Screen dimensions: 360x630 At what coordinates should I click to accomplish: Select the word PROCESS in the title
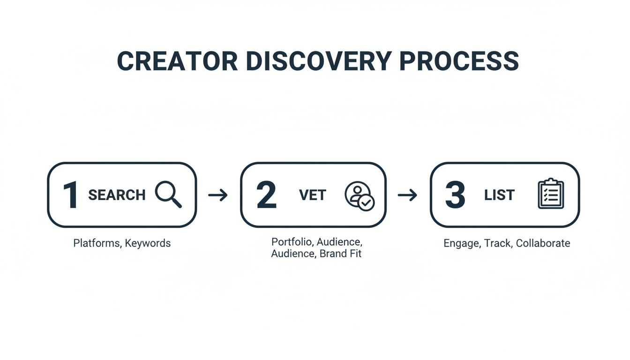[x=459, y=61]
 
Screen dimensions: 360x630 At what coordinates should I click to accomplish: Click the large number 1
[x=71, y=195]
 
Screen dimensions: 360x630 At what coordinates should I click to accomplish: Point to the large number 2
[x=266, y=195]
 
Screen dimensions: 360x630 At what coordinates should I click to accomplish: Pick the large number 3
[x=455, y=195]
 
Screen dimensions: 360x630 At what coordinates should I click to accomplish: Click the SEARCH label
[x=117, y=195]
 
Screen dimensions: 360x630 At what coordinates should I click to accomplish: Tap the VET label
[x=312, y=195]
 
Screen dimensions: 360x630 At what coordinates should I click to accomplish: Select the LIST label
[x=499, y=195]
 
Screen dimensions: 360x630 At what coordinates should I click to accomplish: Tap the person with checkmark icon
[x=360, y=195]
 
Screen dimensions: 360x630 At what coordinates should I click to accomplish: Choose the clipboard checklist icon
[x=550, y=194]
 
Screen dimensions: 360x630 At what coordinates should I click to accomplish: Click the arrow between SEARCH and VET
[x=218, y=195]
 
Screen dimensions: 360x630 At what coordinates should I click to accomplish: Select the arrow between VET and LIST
[x=407, y=195]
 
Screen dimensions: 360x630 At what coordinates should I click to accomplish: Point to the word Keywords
[x=147, y=243]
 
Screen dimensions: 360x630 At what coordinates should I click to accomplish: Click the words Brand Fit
[x=340, y=254]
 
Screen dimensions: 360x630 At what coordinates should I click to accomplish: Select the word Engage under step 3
[x=461, y=243]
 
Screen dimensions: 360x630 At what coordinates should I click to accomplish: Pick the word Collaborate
[x=543, y=243]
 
